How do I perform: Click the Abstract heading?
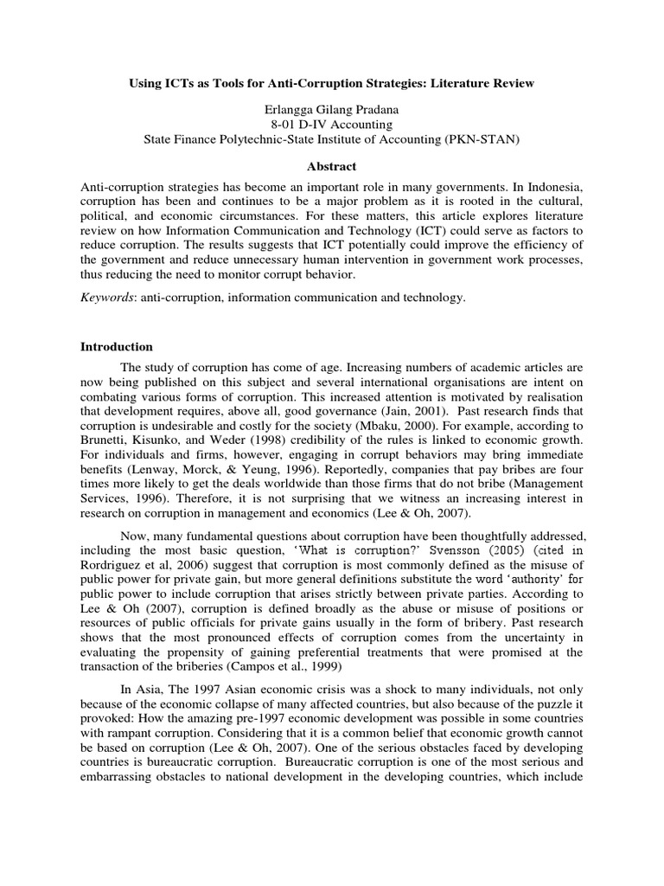coord(331,167)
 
